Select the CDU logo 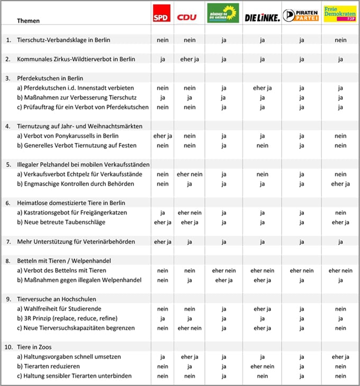tap(187, 17)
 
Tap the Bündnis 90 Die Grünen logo tap(222, 13)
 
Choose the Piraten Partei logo tap(301, 15)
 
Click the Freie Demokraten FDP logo tap(340, 14)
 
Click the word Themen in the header tap(28, 21)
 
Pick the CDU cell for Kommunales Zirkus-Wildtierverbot tap(190, 59)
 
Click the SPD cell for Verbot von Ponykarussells tap(163, 136)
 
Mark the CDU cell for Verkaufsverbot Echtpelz tap(190, 174)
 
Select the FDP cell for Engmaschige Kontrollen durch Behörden tap(340, 184)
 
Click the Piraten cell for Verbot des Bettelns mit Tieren tap(302, 271)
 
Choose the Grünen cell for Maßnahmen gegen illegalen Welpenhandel tap(224, 280)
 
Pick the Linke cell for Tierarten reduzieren tap(262, 366)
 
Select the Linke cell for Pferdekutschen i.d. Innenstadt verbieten tap(262, 88)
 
